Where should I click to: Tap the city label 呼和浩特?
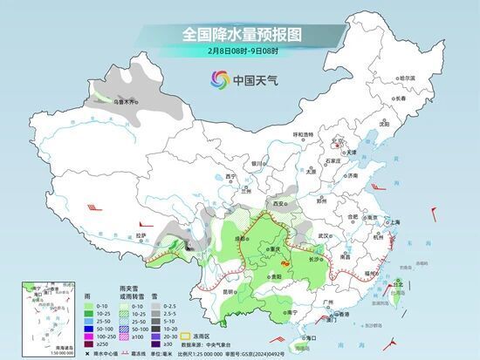tap(303, 134)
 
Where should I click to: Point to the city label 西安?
tap(279, 202)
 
